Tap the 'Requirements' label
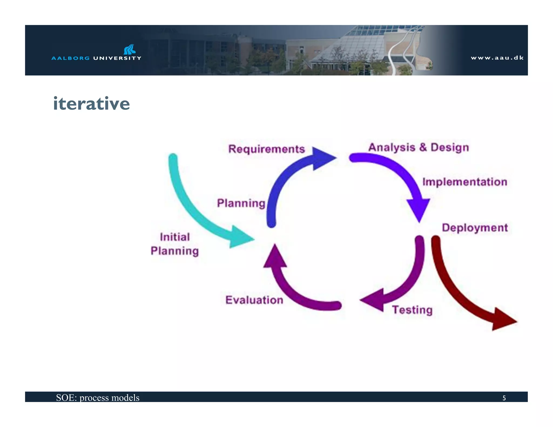point(267,149)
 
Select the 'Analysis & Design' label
point(419,147)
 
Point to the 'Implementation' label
point(465,182)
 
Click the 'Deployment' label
point(475,228)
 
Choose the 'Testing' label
point(412,310)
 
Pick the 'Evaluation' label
point(254,300)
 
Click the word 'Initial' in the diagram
point(175,237)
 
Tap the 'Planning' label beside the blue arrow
point(241,203)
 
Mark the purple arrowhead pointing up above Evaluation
point(275,258)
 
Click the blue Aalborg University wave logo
point(130,49)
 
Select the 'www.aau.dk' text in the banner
point(497,58)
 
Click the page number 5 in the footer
point(504,398)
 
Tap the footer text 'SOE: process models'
point(97,398)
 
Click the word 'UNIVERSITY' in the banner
point(117,58)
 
